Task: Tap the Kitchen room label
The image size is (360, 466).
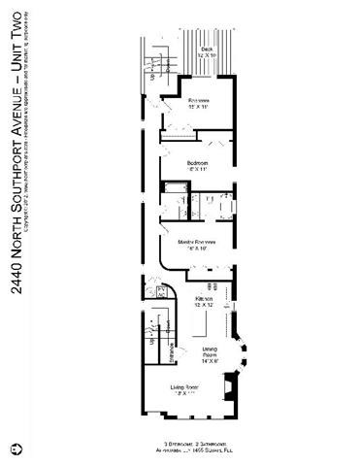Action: coord(204,298)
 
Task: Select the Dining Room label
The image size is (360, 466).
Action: coord(210,351)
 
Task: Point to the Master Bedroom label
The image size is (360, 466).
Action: coord(197,242)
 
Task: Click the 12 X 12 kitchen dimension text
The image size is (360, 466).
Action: coord(204,306)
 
